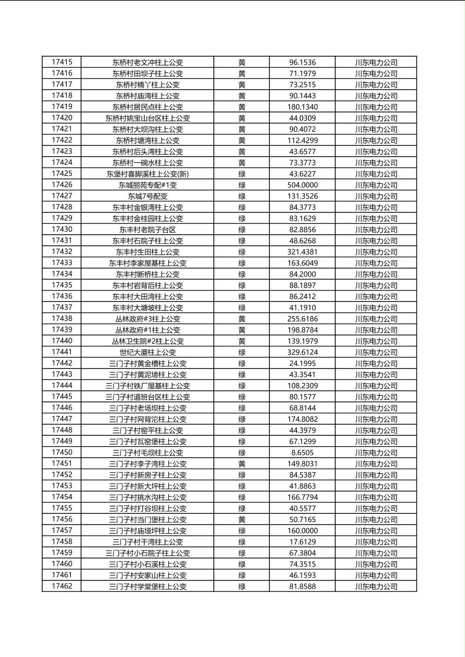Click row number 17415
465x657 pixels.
point(62,62)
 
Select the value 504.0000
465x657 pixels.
point(302,185)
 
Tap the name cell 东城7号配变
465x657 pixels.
point(148,196)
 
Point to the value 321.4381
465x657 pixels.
point(302,252)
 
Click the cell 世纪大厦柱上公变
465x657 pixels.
point(148,352)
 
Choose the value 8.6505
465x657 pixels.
point(302,453)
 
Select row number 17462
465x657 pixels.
point(62,586)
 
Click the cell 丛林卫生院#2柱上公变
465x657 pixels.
point(148,341)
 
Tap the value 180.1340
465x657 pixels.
point(302,107)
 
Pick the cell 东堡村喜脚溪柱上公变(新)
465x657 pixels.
point(148,174)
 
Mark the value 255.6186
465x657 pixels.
point(302,319)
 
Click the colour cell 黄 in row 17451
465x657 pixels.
point(242,464)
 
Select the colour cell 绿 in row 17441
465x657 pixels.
point(242,352)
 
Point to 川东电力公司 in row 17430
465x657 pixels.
point(376,230)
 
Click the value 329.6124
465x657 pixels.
point(302,352)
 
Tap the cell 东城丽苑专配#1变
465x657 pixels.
point(148,185)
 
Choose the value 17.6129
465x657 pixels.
point(302,542)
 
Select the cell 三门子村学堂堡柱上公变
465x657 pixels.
point(148,587)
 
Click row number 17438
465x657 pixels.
point(62,319)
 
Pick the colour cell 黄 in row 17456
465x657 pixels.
point(242,520)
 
